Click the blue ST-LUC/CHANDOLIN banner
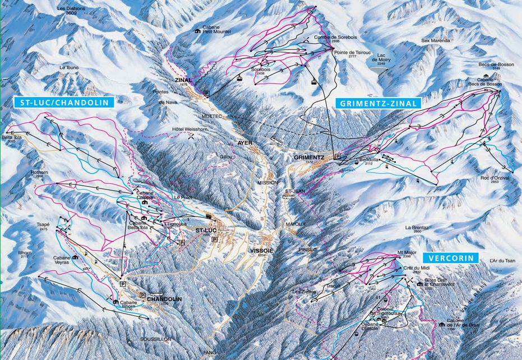tap(64, 102)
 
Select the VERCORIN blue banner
tap(451, 258)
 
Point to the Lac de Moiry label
tap(384, 58)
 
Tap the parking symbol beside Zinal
tap(206, 93)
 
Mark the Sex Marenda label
tap(436, 40)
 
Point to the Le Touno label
tap(68, 68)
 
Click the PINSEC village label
tap(307, 249)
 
